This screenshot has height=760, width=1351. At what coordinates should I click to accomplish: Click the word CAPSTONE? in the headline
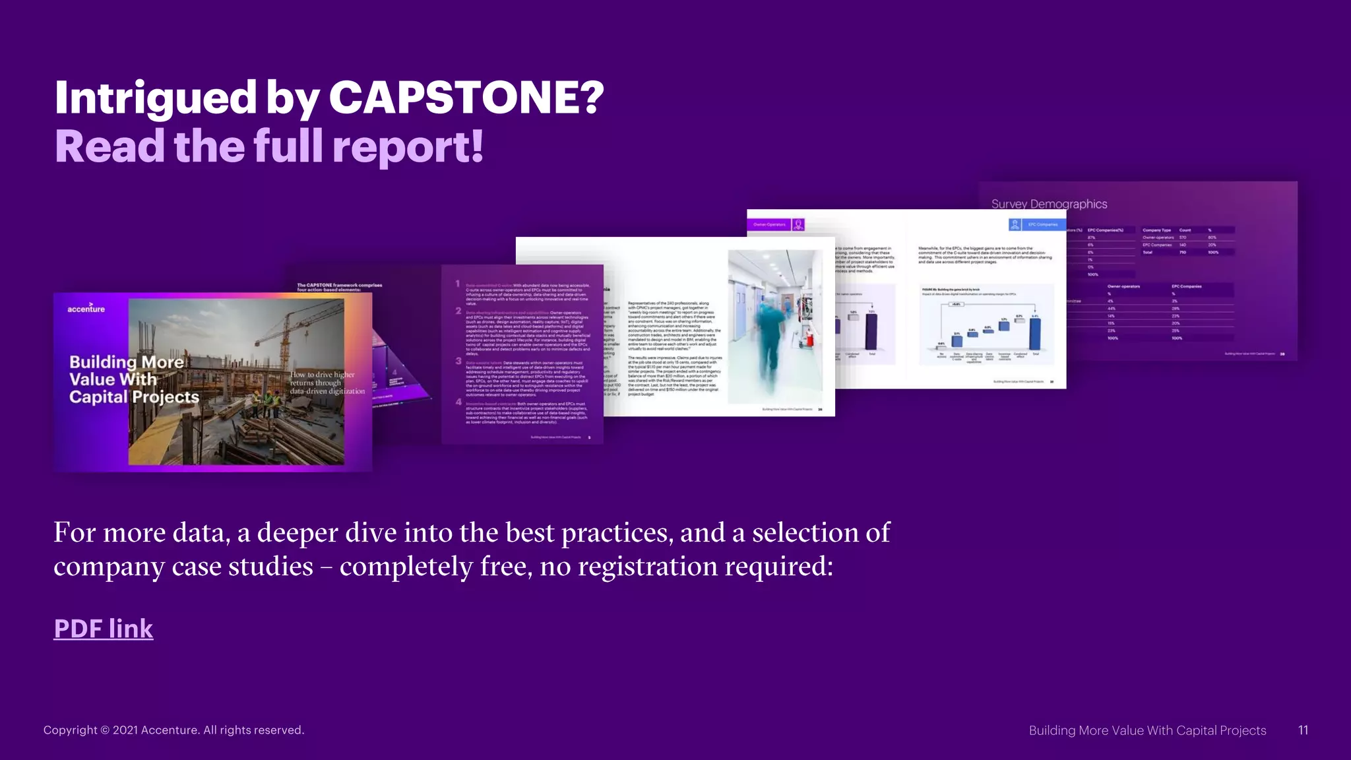click(466, 97)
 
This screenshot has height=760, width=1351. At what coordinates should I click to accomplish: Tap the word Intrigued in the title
click(154, 97)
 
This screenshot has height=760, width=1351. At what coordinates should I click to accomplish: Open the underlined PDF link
click(104, 629)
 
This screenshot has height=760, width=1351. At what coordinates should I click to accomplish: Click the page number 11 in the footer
click(1303, 730)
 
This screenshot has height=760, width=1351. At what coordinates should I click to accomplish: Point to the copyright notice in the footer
click(173, 730)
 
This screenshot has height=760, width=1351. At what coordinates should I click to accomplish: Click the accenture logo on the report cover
click(86, 308)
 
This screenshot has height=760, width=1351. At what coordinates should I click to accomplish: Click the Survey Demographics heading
click(1049, 204)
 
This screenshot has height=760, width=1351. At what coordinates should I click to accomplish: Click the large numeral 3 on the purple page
click(458, 362)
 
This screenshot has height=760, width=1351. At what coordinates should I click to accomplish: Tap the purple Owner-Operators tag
click(769, 224)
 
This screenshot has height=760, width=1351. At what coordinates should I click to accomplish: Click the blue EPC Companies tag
click(1042, 224)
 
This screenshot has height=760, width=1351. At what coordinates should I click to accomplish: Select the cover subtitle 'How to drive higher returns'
click(327, 383)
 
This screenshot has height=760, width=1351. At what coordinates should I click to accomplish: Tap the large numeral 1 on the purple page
click(457, 284)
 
